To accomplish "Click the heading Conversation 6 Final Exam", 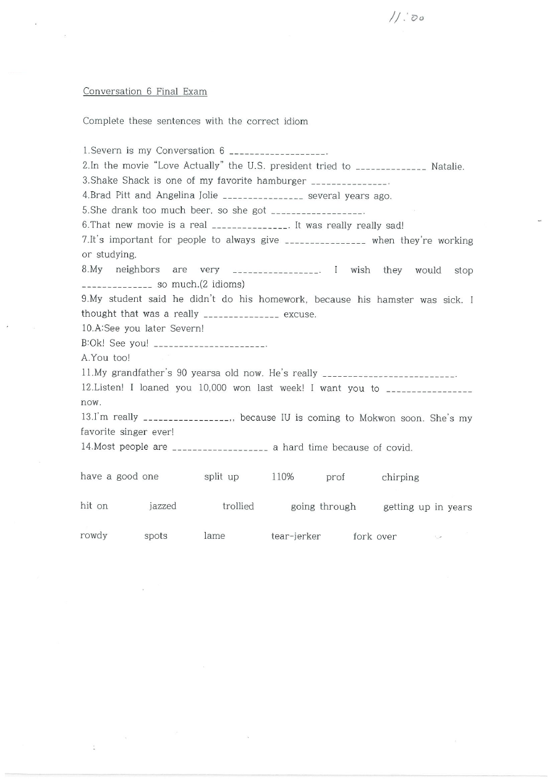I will pos(145,92).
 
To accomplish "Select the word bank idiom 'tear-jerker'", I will pos(295,536).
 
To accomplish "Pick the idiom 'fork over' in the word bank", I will pos(375,536).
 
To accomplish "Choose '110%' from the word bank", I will pos(282,477).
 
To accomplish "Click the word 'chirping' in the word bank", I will pos(400,477).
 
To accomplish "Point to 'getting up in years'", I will pos(427,507).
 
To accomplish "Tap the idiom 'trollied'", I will pos(238,507).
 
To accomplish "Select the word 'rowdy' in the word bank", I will pos(94,536).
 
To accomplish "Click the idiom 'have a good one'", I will pos(119,476).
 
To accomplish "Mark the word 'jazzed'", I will pos(163,507).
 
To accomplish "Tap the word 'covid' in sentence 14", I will pos(398,448).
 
